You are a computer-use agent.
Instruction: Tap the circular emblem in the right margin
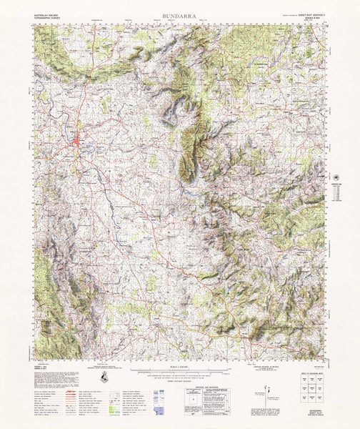[338, 176]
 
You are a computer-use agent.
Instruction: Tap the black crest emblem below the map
[106, 378]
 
